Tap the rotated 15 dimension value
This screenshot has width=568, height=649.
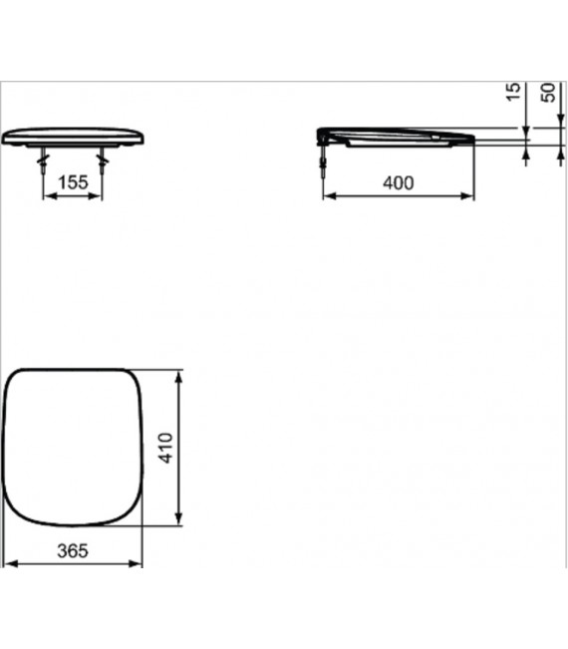pyautogui.click(x=513, y=92)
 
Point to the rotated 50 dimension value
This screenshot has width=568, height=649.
pyautogui.click(x=547, y=92)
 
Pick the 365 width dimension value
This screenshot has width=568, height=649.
pyautogui.click(x=74, y=550)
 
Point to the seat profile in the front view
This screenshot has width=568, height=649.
pyautogui.click(x=74, y=137)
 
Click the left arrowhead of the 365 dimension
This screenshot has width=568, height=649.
pyautogui.click(x=10, y=565)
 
